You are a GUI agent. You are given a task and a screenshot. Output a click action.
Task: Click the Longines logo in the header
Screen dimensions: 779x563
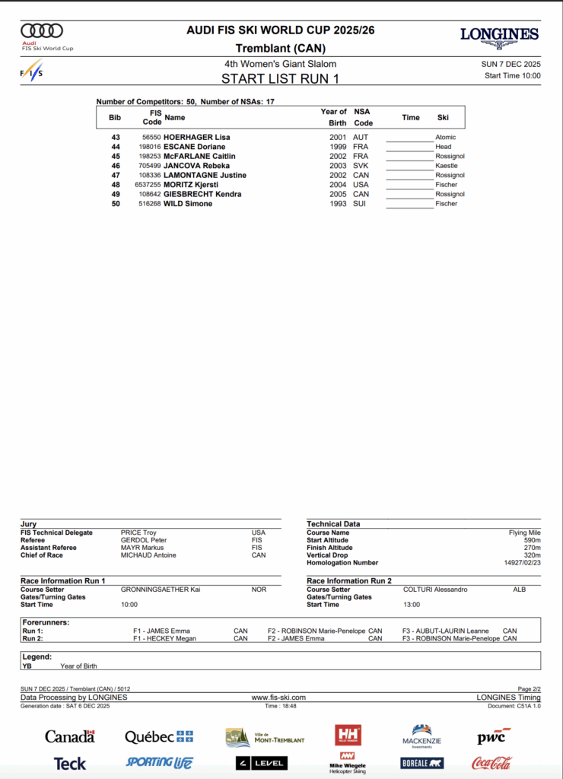coord(499,36)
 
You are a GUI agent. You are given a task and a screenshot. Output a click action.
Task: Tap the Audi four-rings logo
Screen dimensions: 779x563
coord(42,30)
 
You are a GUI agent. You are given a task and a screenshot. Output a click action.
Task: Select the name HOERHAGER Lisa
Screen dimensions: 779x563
coord(197,138)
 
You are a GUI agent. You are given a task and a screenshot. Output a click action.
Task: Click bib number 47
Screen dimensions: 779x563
coord(116,176)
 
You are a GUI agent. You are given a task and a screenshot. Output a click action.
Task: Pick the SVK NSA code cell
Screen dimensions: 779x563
coord(360,166)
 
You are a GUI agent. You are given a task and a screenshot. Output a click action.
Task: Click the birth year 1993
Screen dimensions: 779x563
coord(338,204)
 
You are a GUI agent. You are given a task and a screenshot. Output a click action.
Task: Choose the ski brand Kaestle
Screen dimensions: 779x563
coord(447,166)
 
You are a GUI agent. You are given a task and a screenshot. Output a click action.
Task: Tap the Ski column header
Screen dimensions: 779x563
coord(443,118)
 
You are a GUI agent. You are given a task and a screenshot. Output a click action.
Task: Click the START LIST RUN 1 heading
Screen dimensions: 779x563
coord(280,78)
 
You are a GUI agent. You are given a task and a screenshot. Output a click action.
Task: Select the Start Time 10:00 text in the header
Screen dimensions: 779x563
coord(512,75)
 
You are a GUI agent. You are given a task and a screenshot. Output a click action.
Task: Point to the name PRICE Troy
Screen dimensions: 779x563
coord(138,533)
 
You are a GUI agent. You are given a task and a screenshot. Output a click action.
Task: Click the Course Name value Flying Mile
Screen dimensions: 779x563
coord(524,533)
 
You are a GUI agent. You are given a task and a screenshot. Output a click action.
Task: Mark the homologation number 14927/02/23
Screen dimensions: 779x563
coord(521,563)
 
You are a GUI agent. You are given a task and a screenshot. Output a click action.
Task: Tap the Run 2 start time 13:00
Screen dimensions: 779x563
coord(412,605)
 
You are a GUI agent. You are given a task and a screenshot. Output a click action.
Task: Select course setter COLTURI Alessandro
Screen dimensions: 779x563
coord(435,590)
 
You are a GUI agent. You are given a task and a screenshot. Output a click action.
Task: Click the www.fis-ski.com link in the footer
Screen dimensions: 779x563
coord(278,698)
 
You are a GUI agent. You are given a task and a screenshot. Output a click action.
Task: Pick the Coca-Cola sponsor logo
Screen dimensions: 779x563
coord(491,762)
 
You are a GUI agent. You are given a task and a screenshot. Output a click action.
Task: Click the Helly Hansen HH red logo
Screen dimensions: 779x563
coord(348,735)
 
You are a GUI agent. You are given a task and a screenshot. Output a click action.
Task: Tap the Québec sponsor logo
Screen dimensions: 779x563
coord(159,736)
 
